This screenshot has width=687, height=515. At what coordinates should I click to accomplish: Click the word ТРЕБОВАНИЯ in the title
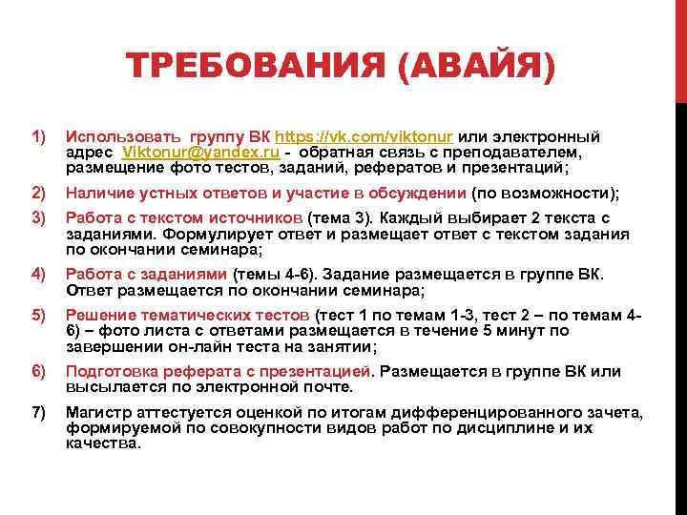(255, 68)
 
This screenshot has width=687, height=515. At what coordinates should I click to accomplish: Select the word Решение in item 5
(96, 315)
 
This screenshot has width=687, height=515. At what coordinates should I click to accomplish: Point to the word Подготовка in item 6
(109, 370)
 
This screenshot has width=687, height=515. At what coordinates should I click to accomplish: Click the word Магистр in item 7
(96, 411)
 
